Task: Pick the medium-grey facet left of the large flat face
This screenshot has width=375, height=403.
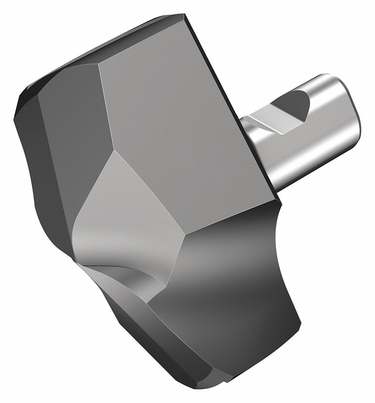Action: [x=72, y=107]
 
